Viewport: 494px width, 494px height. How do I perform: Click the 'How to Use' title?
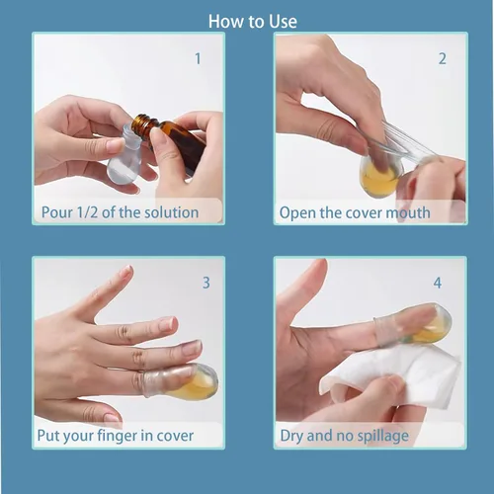point(253,21)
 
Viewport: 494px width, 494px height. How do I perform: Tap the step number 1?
point(198,58)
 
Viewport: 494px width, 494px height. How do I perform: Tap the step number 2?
point(442,58)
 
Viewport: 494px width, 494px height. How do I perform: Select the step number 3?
point(206,283)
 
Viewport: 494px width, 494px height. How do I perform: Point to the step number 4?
point(437,283)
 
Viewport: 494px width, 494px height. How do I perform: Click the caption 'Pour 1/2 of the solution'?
point(120,212)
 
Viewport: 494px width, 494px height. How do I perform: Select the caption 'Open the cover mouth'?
point(355,212)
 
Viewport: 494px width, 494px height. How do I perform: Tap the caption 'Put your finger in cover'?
point(116,436)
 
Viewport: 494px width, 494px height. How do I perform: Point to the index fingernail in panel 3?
point(167,324)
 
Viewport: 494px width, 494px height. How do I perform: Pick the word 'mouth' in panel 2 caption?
point(409,212)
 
